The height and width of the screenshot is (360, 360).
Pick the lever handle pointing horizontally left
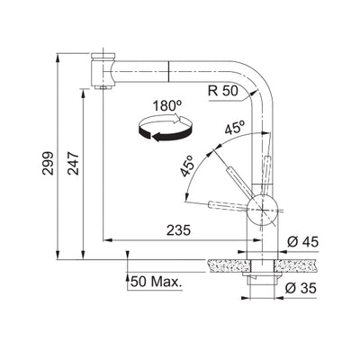[225, 206]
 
